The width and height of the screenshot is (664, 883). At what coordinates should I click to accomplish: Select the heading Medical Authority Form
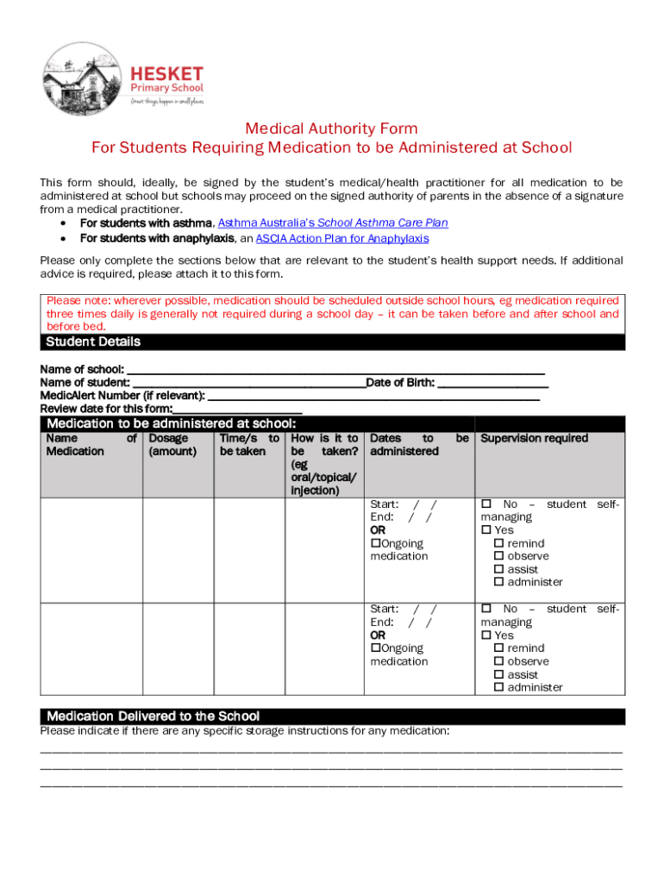click(x=332, y=128)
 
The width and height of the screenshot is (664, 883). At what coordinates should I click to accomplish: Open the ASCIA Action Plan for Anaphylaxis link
click(x=341, y=238)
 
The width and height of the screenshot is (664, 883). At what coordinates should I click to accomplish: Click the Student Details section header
click(x=93, y=341)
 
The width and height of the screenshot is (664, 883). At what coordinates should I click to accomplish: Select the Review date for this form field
click(x=237, y=410)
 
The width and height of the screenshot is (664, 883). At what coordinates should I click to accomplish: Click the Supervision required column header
click(x=534, y=438)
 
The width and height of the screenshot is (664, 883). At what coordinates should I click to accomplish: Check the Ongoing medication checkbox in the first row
click(x=375, y=543)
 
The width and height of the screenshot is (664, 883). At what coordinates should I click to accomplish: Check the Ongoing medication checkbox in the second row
click(x=375, y=648)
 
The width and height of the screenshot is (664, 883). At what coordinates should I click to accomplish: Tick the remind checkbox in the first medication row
click(x=498, y=544)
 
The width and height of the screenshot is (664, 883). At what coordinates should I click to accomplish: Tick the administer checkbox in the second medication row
click(x=498, y=688)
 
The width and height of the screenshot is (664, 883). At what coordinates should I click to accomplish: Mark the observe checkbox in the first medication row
click(x=498, y=557)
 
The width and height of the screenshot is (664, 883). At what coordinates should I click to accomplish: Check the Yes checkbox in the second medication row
click(x=485, y=636)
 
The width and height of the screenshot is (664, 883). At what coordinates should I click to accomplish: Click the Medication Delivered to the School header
click(x=153, y=717)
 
